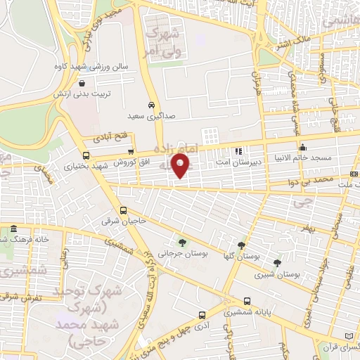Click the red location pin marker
click(182, 165)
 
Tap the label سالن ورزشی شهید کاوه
click(94, 66)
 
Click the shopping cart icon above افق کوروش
click(131, 151)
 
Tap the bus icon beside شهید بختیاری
click(86, 155)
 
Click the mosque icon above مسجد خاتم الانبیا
click(303, 148)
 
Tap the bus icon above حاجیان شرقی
click(124, 210)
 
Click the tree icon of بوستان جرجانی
click(182, 243)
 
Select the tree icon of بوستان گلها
click(242, 245)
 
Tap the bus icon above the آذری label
click(202, 315)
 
